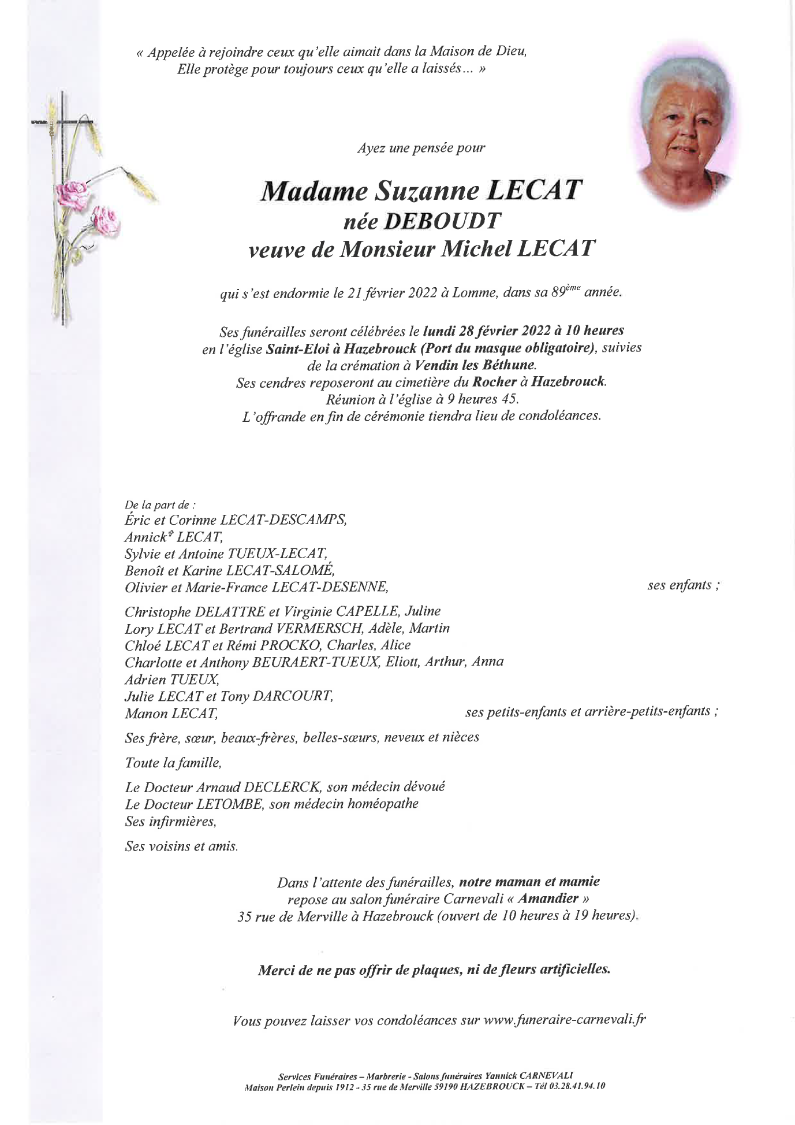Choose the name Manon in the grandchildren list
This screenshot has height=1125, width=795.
point(143,714)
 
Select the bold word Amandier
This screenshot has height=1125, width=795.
point(548,898)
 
